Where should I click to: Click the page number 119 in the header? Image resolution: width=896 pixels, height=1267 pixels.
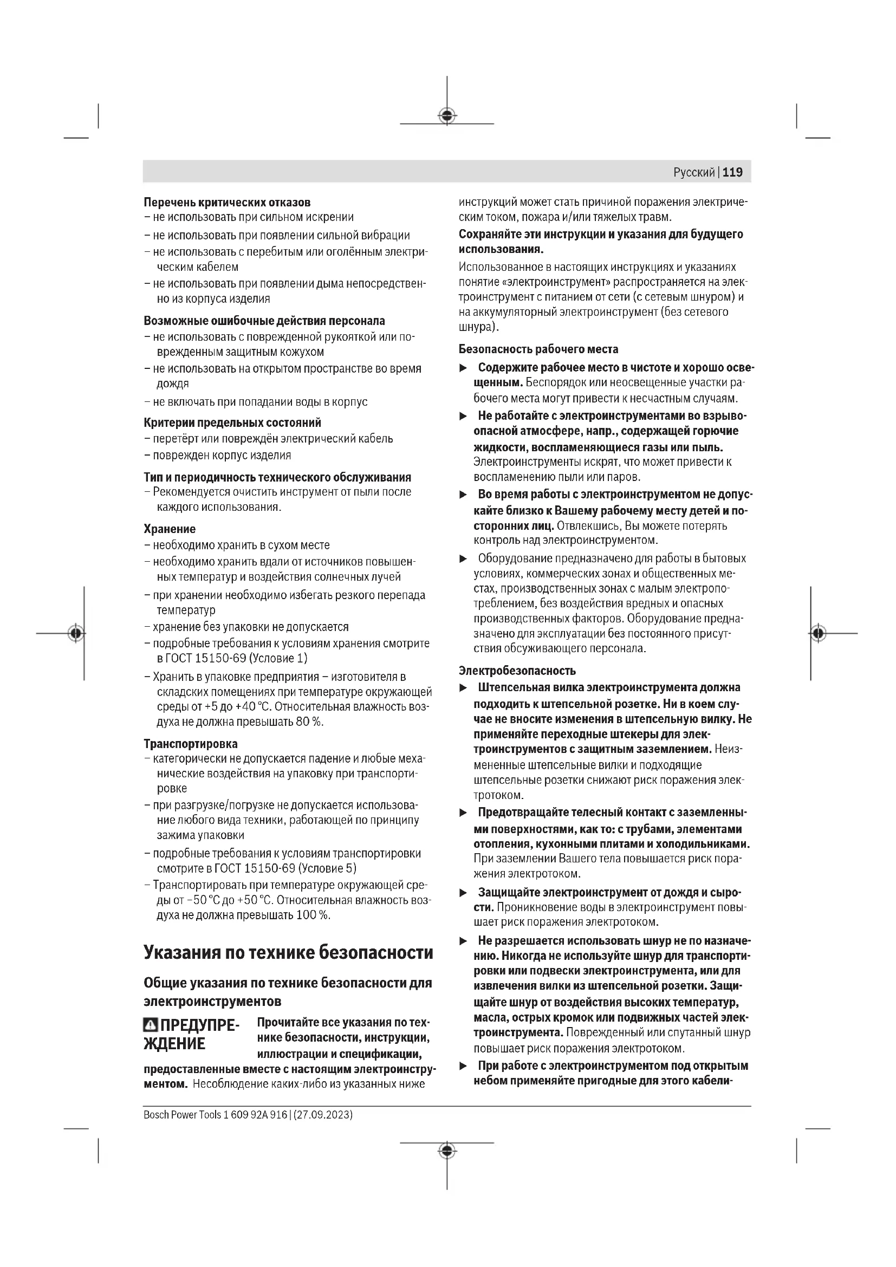[732, 172]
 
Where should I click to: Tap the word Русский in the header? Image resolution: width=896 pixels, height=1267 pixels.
[693, 173]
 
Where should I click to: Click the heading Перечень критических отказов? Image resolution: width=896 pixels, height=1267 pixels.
[227, 203]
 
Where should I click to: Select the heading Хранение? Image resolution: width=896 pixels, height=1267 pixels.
[170, 529]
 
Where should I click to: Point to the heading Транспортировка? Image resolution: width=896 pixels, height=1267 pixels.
[190, 743]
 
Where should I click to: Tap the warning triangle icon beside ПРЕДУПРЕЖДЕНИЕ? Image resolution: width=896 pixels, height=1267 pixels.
[150, 1026]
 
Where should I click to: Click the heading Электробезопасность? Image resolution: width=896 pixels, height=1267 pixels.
[517, 671]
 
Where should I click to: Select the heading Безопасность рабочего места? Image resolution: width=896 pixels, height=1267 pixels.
[538, 349]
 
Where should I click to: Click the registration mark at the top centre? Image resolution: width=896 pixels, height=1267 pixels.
[447, 115]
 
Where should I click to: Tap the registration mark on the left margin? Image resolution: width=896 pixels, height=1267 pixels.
[76, 633]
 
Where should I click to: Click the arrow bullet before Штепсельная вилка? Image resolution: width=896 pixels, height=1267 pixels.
[464, 688]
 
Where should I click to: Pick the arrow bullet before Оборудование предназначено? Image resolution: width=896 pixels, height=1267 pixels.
[464, 559]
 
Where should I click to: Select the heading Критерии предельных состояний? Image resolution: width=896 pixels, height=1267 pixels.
[232, 423]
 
